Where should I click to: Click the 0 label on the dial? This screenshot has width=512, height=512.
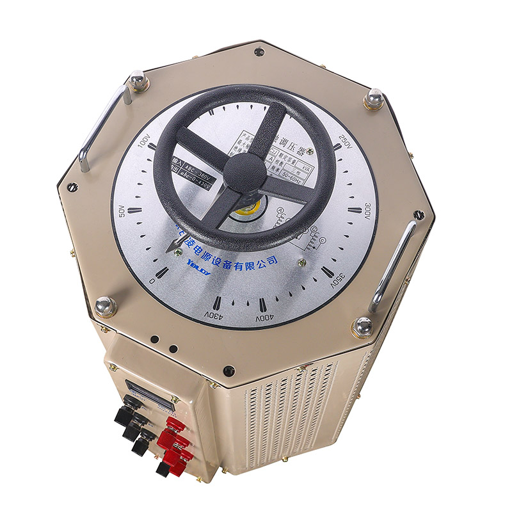tap(152, 281)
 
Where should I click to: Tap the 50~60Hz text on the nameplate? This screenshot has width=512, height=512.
tap(300, 173)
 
